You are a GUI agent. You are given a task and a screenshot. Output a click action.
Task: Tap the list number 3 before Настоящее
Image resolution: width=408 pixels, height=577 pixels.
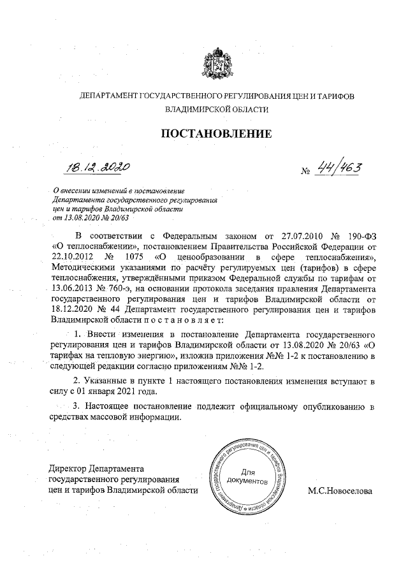pyautogui.click(x=78, y=406)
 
